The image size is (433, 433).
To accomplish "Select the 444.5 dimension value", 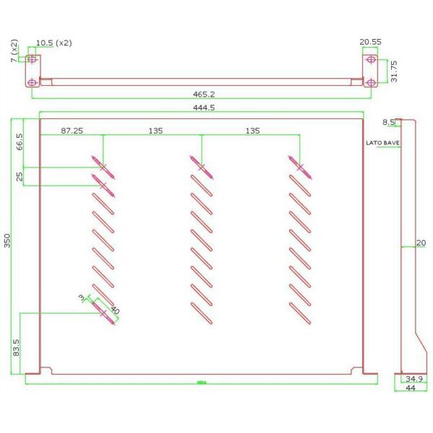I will (203, 107).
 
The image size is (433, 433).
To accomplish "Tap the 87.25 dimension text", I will (72, 131).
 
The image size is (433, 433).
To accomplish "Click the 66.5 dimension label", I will (19, 141).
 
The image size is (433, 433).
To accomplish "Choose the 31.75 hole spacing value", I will (394, 71).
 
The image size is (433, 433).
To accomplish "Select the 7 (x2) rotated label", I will (13, 53).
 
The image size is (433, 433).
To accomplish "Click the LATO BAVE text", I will (382, 143).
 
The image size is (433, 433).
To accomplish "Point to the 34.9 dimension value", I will (414, 378).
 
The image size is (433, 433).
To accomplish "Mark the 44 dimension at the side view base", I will (411, 388).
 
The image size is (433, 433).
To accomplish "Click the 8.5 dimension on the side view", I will (389, 122).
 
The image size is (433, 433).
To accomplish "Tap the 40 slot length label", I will (114, 310).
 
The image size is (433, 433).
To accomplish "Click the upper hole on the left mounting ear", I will (32, 59).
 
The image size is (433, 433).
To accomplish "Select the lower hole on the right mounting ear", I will (370, 82).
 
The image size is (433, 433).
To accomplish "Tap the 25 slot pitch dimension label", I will (19, 175).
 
